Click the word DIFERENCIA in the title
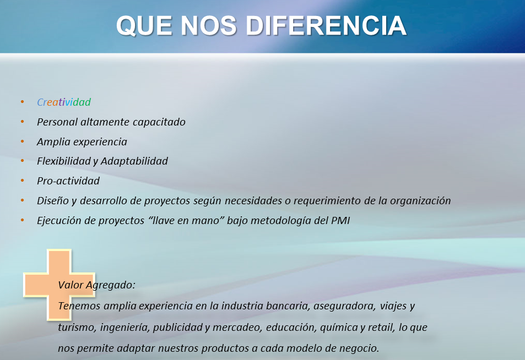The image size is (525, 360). point(327,26)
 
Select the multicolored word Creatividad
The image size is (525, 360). point(64,102)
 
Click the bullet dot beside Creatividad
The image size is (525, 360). point(23,101)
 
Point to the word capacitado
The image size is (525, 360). point(159,122)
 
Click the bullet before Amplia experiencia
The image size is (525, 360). point(23,141)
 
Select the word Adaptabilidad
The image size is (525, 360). point(134,161)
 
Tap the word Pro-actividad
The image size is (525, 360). point(68,181)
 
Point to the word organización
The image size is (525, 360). point(420,201)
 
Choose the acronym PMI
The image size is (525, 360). point(340,221)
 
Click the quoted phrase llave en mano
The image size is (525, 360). point(186,221)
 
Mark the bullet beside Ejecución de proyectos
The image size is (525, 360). point(23,220)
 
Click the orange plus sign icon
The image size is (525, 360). point(59,285)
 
